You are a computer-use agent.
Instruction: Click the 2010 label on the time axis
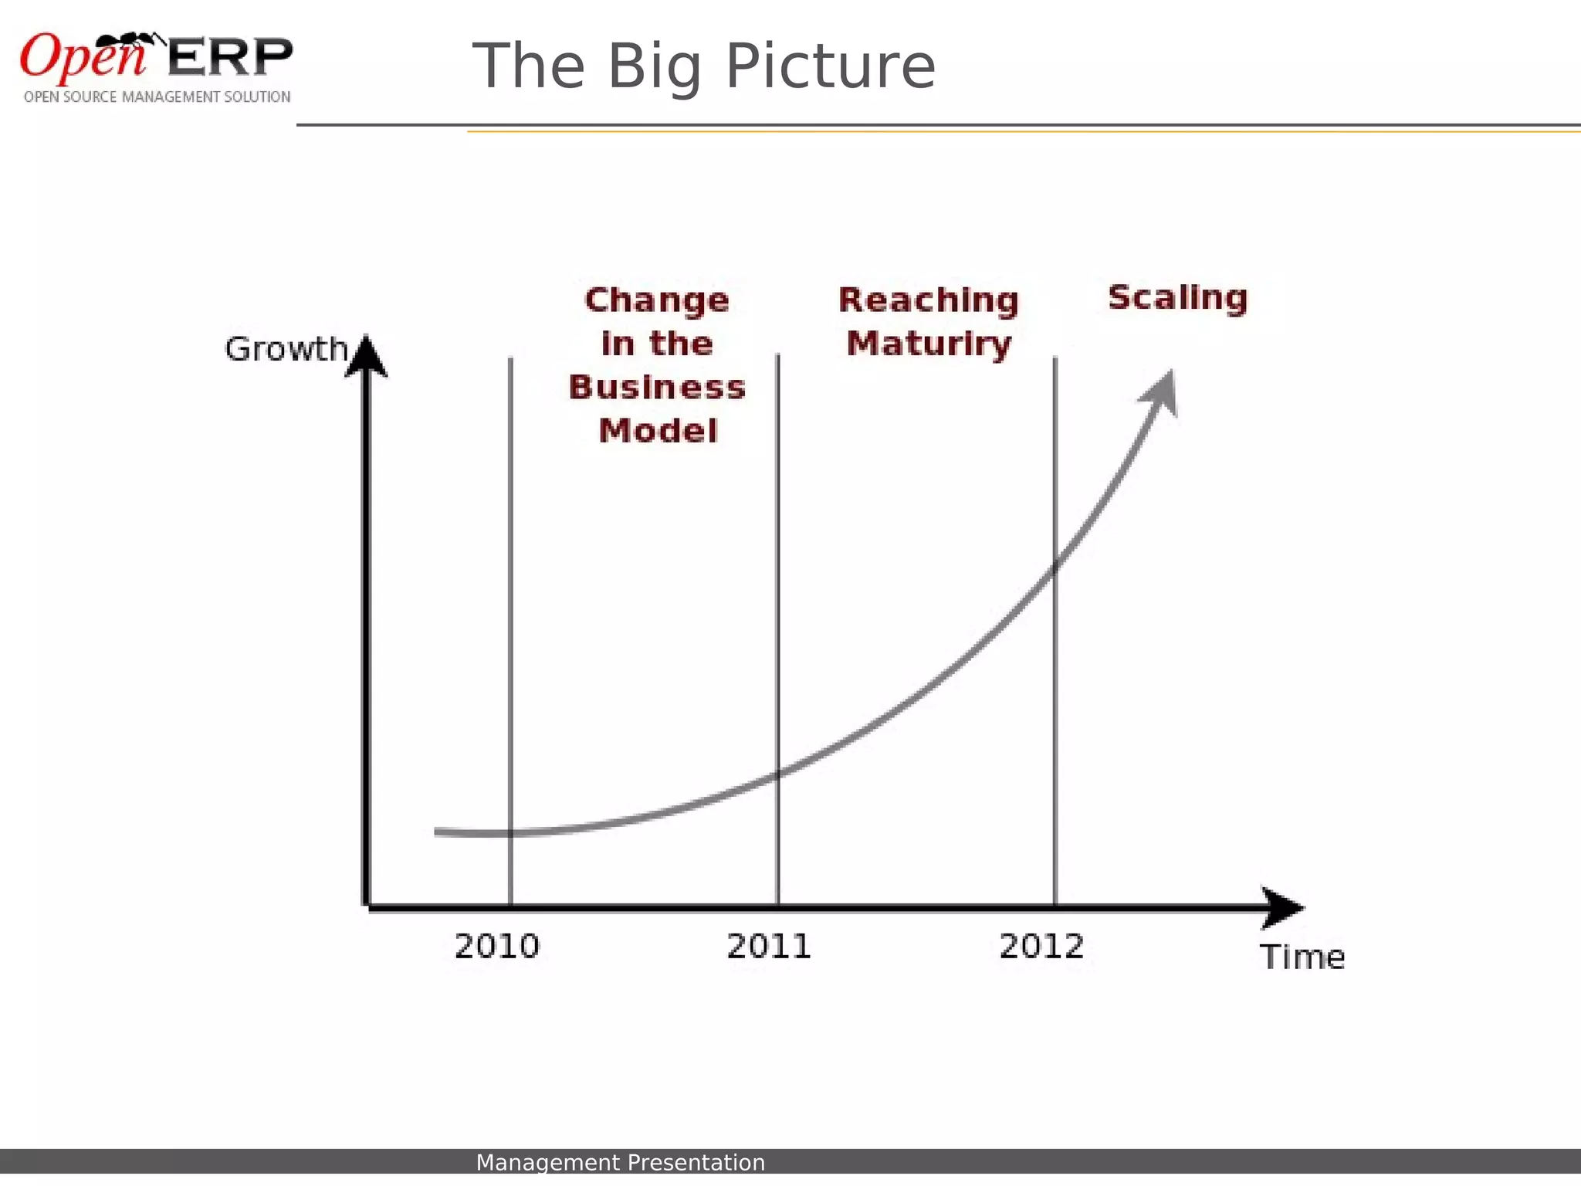pyautogui.click(x=496, y=946)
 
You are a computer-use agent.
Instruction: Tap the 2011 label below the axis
pyautogui.click(x=769, y=946)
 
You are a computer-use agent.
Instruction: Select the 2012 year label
pyautogui.click(x=1041, y=946)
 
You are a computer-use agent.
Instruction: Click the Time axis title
pyautogui.click(x=1302, y=957)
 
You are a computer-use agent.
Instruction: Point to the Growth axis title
pyautogui.click(x=286, y=349)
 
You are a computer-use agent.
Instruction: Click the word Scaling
pyautogui.click(x=1178, y=298)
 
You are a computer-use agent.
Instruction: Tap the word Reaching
pyautogui.click(x=929, y=300)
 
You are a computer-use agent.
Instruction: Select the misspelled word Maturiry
pyautogui.click(x=929, y=344)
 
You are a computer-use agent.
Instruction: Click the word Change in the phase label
pyautogui.click(x=657, y=300)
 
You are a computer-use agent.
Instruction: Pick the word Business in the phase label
pyautogui.click(x=657, y=388)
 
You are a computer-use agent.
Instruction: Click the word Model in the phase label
pyautogui.click(x=658, y=431)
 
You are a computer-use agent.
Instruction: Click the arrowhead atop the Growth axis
pyautogui.click(x=367, y=357)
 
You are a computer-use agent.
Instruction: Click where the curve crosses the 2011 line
pyautogui.click(x=778, y=774)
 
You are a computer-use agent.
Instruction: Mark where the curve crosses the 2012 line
pyautogui.click(x=1055, y=568)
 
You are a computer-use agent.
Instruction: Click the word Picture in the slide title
pyautogui.click(x=831, y=66)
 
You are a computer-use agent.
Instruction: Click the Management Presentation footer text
pyautogui.click(x=620, y=1162)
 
